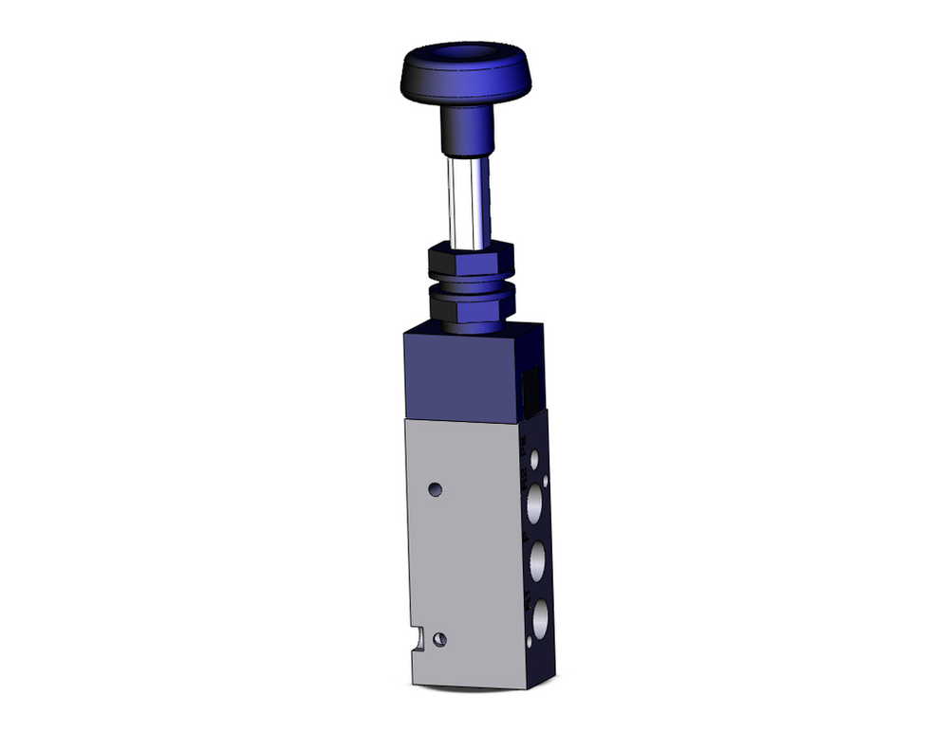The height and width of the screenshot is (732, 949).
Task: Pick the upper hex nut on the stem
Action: [471, 260]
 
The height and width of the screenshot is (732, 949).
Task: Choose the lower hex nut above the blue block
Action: [472, 304]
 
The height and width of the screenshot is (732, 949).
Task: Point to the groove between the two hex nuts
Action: [472, 283]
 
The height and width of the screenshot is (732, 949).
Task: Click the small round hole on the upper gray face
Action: [436, 490]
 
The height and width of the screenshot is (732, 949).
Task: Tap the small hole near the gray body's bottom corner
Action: [438, 640]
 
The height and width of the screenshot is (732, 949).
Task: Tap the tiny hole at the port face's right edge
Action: [546, 483]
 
